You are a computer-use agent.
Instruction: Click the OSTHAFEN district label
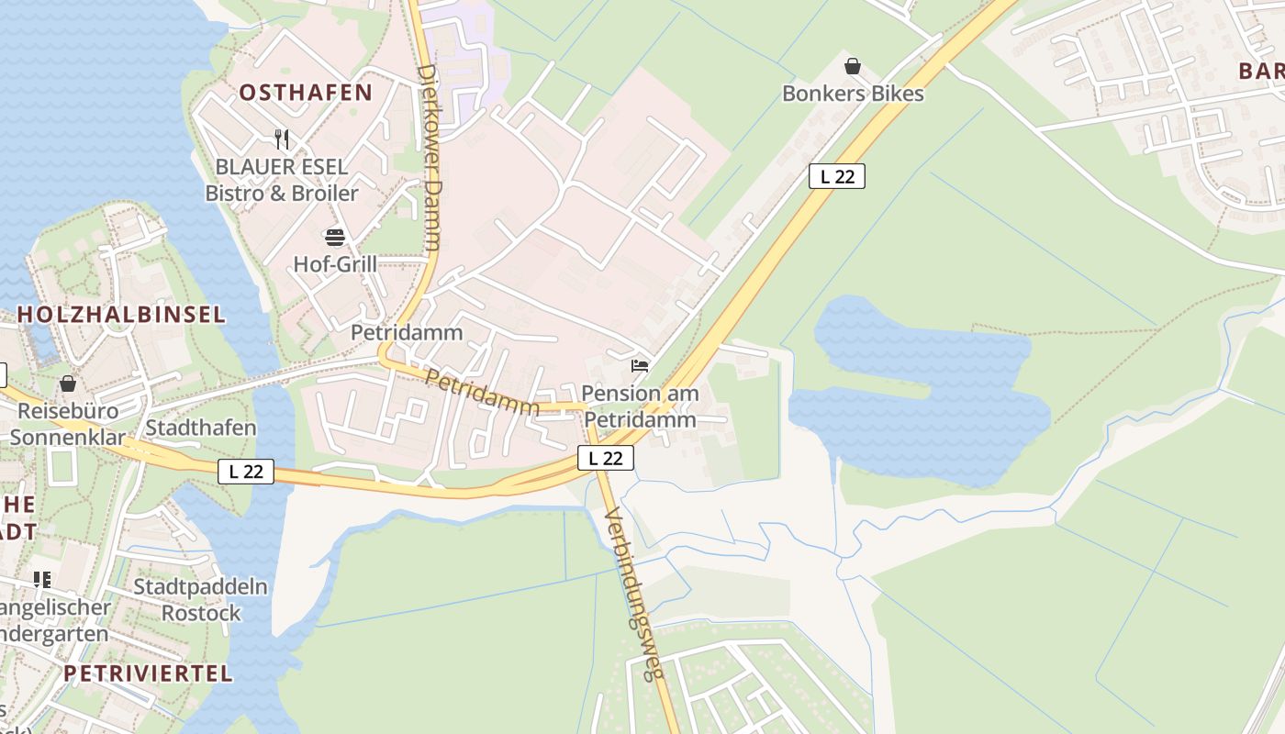(x=306, y=93)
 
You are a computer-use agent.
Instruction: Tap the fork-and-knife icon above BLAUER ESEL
(x=282, y=139)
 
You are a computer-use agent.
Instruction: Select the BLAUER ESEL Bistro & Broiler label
(x=282, y=180)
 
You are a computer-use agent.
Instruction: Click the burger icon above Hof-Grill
(x=335, y=238)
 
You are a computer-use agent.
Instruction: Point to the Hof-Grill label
(x=335, y=264)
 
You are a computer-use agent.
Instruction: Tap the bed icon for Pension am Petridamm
(x=640, y=366)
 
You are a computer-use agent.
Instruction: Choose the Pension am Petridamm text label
(x=640, y=406)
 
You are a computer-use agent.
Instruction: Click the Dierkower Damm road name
(x=429, y=157)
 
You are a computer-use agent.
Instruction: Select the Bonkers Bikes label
(x=853, y=94)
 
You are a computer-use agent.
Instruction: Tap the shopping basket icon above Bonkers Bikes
(x=853, y=66)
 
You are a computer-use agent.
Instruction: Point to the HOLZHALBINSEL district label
(x=121, y=315)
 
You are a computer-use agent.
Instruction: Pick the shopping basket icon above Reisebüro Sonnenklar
(x=68, y=384)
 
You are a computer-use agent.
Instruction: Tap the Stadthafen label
(x=201, y=428)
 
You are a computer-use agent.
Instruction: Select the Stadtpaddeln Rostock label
(x=201, y=599)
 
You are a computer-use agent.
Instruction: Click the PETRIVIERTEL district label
(x=148, y=673)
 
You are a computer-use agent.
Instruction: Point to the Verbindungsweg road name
(x=634, y=594)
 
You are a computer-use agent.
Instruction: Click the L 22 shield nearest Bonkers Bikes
(x=836, y=176)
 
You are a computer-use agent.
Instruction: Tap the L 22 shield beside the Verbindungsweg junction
(x=606, y=457)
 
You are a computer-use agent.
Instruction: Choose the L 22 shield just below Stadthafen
(x=246, y=472)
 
